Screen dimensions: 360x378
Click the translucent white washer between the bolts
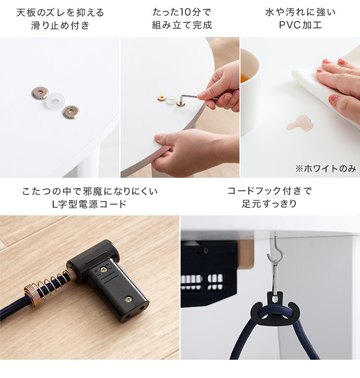click(x=54, y=101)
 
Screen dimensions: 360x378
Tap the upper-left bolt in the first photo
click(x=40, y=93)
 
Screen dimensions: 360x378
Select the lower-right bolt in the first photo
click(x=71, y=112)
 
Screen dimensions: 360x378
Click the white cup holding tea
click(x=250, y=92)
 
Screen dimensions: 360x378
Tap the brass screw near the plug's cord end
click(x=103, y=270)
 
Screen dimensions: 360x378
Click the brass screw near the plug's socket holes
click(x=128, y=299)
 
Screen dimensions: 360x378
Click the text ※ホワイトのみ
click(x=326, y=169)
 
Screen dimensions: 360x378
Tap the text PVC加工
click(x=301, y=25)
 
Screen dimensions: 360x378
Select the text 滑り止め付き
click(x=61, y=26)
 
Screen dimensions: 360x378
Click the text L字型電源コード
click(x=90, y=204)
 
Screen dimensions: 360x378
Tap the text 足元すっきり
click(x=270, y=204)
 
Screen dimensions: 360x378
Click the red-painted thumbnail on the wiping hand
click(x=334, y=100)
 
